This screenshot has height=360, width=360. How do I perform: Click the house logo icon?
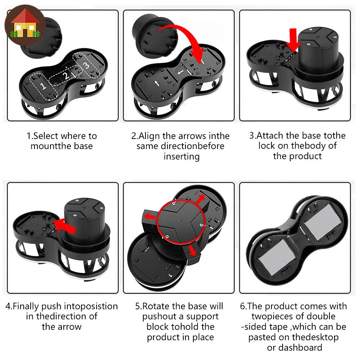pyautogui.click(x=25, y=25)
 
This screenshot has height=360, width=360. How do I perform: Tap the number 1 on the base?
pyautogui.click(x=43, y=86)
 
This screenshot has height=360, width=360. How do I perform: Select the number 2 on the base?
pyautogui.click(x=66, y=76)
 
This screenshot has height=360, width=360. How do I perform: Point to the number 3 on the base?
pyautogui.click(x=86, y=65)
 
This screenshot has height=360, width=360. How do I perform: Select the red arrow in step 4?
pyautogui.click(x=64, y=226)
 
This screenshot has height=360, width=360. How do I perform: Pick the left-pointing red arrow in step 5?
pyautogui.click(x=150, y=216)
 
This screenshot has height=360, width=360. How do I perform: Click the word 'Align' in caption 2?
pyautogui.click(x=149, y=136)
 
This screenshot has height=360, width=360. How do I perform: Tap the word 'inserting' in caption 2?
pyautogui.click(x=181, y=157)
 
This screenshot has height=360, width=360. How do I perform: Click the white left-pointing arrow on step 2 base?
pyautogui.click(x=180, y=72)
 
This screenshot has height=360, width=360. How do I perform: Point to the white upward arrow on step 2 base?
pyautogui.click(x=157, y=84)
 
